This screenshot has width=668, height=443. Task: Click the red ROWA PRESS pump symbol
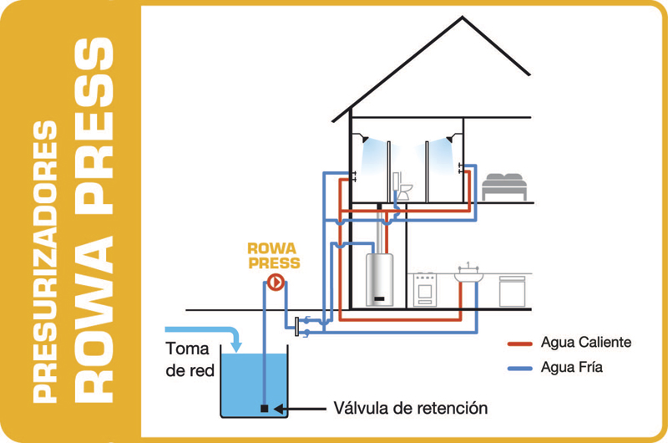pyautogui.click(x=273, y=283)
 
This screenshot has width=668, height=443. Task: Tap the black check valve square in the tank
pyautogui.click(x=264, y=409)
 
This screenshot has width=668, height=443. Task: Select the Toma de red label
pyautogui.click(x=190, y=359)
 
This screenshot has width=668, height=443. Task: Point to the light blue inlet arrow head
pyautogui.click(x=236, y=344)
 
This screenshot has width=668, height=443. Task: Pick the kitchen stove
pyautogui.click(x=425, y=289)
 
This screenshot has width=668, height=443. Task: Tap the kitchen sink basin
pyautogui.click(x=471, y=276)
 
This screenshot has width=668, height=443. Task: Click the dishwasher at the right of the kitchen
pyautogui.click(x=512, y=290)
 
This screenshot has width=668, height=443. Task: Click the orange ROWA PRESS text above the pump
pyautogui.click(x=273, y=255)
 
